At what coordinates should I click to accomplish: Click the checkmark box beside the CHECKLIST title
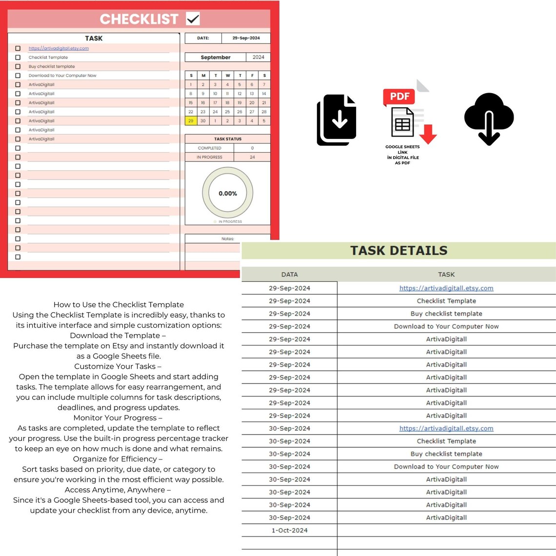coord(193,19)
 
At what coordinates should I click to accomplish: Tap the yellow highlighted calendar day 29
coord(191,120)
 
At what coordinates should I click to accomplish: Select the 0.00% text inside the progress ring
coord(228,194)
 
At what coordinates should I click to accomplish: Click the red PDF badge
coord(399,97)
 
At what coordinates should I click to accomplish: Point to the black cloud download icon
coord(489,119)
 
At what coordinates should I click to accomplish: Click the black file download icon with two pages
coord(337,120)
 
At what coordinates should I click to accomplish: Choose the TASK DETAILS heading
coord(398,251)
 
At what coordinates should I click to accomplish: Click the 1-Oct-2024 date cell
coord(289,531)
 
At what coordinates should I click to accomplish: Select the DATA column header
coord(289,275)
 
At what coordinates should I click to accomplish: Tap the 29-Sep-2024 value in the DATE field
coord(246,38)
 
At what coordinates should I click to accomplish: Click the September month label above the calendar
coord(216,57)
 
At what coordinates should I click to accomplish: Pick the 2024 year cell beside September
coord(258,57)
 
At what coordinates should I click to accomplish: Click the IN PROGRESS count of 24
coord(252,157)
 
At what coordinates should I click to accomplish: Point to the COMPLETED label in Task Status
coord(209,148)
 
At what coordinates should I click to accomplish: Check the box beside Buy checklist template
coord(18,66)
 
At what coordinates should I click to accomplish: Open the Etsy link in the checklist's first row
coord(59,48)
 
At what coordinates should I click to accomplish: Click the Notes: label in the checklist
coord(228,238)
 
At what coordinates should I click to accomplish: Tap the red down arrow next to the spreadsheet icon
coord(428,134)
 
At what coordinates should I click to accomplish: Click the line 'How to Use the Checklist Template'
coord(119,305)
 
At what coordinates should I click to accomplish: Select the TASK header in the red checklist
coord(94,38)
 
